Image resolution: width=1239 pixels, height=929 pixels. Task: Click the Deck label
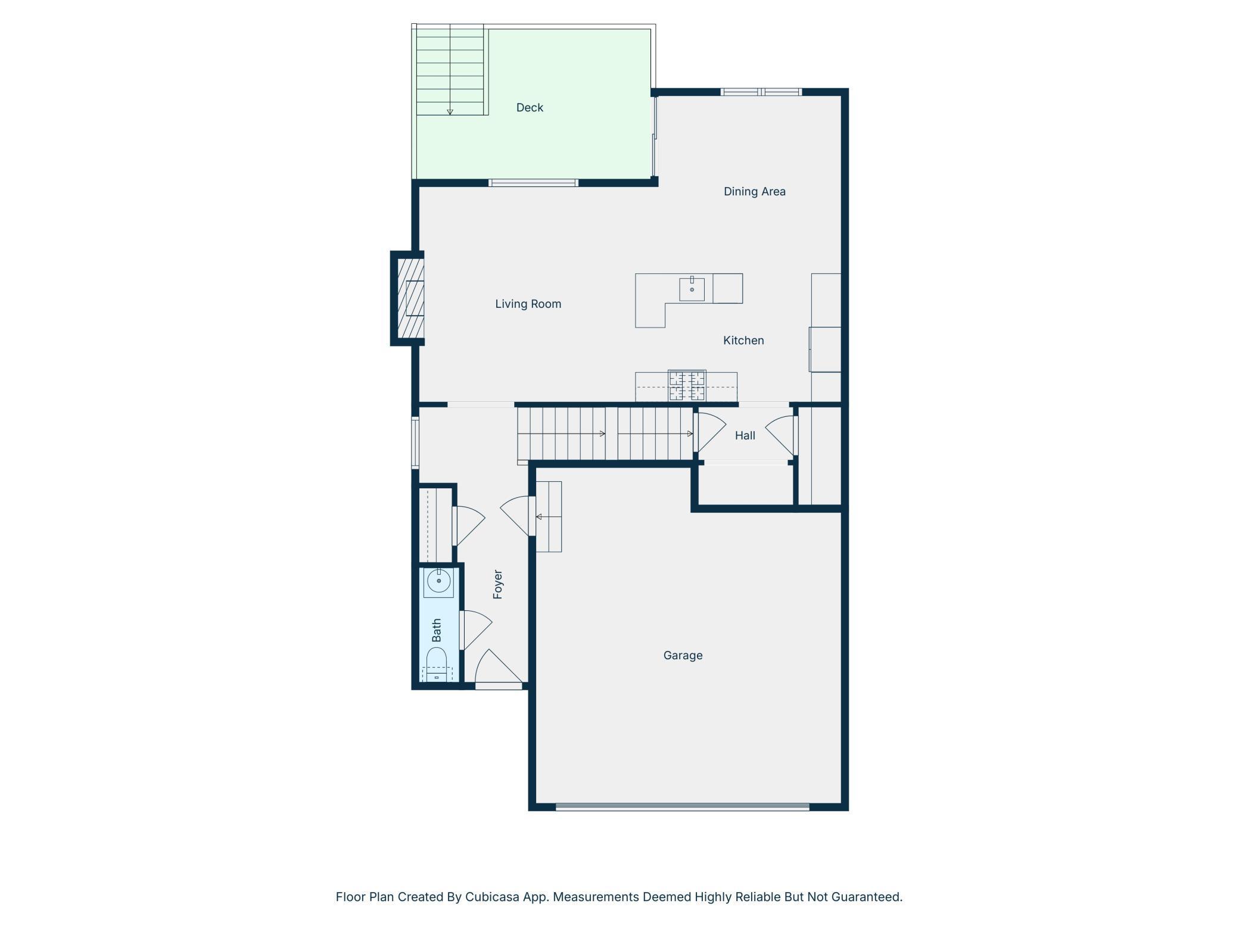coord(530,108)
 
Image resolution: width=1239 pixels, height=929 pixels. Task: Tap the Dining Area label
coord(754,192)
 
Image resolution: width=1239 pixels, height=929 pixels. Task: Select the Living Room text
coord(528,304)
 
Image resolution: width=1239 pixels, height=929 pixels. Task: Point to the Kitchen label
coord(743,341)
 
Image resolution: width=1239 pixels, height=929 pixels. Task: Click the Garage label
coord(683,656)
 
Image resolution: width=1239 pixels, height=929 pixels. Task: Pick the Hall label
coord(745,436)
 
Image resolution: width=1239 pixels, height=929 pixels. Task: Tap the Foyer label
coord(498,584)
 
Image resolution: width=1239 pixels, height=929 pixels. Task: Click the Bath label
coord(437,630)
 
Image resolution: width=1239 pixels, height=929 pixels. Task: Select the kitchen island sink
coord(692,289)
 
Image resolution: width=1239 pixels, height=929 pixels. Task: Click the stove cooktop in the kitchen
coord(687,386)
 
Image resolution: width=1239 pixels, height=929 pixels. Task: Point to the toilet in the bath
coord(437,665)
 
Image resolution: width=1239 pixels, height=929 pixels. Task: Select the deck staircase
coord(450,70)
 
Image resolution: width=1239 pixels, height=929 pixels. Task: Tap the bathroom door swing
coord(477,630)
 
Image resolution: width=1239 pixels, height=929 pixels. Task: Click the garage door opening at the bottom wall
coord(682,807)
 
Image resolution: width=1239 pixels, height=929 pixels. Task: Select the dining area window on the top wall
coord(761,92)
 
